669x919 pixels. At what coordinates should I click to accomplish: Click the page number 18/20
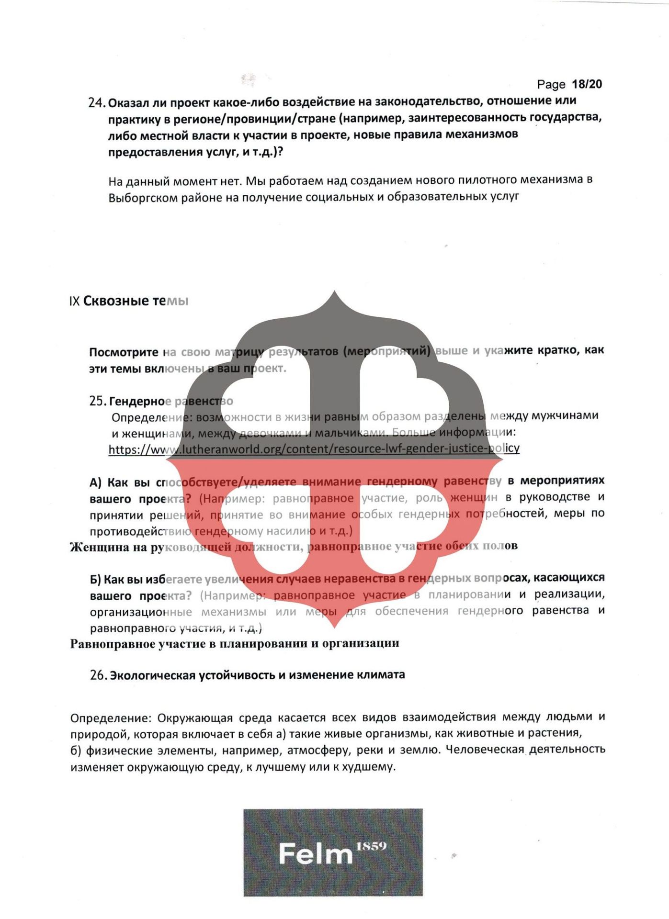pyautogui.click(x=587, y=84)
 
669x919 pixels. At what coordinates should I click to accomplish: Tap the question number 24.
pyautogui.click(x=96, y=103)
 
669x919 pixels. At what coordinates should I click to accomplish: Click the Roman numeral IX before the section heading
pyautogui.click(x=74, y=301)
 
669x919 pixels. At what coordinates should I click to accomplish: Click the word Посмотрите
pyautogui.click(x=124, y=352)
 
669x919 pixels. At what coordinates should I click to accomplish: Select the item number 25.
pyautogui.click(x=98, y=401)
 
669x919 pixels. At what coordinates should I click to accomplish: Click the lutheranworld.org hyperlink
pyautogui.click(x=314, y=448)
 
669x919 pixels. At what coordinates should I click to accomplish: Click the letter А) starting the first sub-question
pyautogui.click(x=96, y=482)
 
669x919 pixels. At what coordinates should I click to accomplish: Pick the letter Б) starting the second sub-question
pyautogui.click(x=96, y=580)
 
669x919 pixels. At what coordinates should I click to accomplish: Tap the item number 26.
pyautogui.click(x=98, y=675)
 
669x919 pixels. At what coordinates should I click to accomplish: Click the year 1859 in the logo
pyautogui.click(x=371, y=846)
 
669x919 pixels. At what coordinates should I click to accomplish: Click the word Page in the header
pyautogui.click(x=551, y=85)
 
